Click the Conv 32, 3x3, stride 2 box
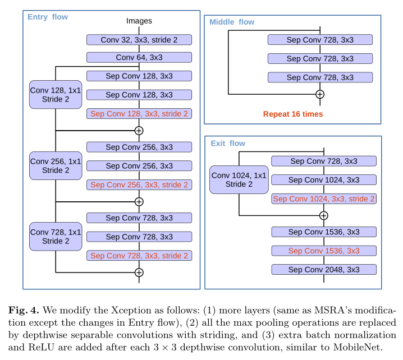tap(139, 40)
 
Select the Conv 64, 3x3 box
tap(139, 57)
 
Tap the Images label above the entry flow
tap(139, 21)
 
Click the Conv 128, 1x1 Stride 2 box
tap(56, 95)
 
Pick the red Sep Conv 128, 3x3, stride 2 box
tap(139, 113)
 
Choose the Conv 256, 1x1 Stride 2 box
tap(56, 165)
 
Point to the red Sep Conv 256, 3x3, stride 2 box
tap(139, 184)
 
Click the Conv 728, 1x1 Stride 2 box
tap(56, 236)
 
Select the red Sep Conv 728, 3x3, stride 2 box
tap(139, 255)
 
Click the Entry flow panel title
tap(48, 17)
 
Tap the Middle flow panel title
tap(232, 22)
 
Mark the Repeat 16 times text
tap(293, 114)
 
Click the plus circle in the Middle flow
tap(320, 94)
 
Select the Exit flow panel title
tap(228, 144)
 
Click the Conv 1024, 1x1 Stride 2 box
tap(239, 179)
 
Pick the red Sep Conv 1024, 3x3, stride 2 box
tap(324, 199)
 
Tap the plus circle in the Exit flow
tap(324, 215)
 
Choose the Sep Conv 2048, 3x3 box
tap(324, 270)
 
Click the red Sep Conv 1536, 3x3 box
tap(324, 251)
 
